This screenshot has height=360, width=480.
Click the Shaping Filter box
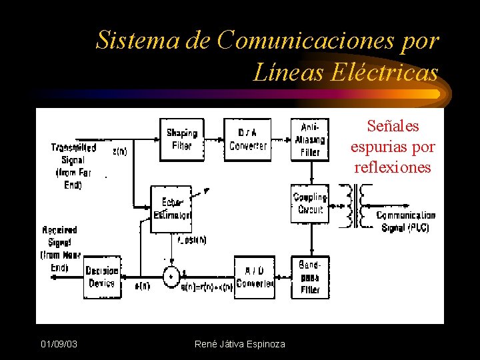click(x=181, y=139)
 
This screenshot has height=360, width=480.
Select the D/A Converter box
click(x=247, y=139)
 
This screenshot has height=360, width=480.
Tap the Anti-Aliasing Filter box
click(x=310, y=139)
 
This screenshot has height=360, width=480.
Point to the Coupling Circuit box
click(x=310, y=203)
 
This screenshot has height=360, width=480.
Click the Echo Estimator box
click(x=172, y=209)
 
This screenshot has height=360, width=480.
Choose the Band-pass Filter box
click(x=310, y=277)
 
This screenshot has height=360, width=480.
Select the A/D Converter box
click(x=254, y=277)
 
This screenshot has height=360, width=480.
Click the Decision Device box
click(x=102, y=277)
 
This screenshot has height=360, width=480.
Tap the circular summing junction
click(x=170, y=276)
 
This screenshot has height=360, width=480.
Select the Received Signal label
click(x=60, y=249)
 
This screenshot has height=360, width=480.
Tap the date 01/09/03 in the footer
click(x=59, y=344)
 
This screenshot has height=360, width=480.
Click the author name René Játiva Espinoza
click(x=239, y=344)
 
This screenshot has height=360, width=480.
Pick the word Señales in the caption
click(x=393, y=126)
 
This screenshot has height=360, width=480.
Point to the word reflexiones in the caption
click(x=393, y=167)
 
